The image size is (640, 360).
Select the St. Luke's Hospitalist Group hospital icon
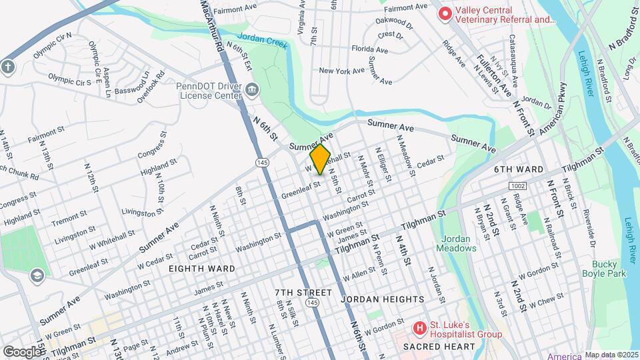click(419, 328)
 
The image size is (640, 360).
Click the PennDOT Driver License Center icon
click(252, 90)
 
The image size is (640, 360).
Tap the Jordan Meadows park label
click(457, 243)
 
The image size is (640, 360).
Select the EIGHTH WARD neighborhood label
click(201, 268)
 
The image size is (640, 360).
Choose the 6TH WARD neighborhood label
click(519, 169)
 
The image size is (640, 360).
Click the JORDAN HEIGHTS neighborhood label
click(382, 299)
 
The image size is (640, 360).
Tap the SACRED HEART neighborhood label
click(435, 347)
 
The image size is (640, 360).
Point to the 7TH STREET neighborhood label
click(303, 293)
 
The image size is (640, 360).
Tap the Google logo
click(21, 351)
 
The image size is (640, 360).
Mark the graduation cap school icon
click(38, 275)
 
